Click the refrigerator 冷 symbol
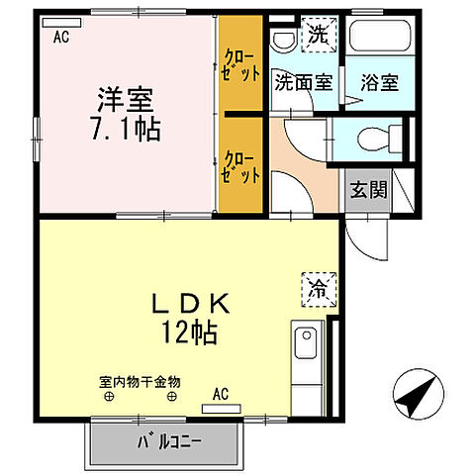coord(319,290)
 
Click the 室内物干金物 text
coord(140,381)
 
